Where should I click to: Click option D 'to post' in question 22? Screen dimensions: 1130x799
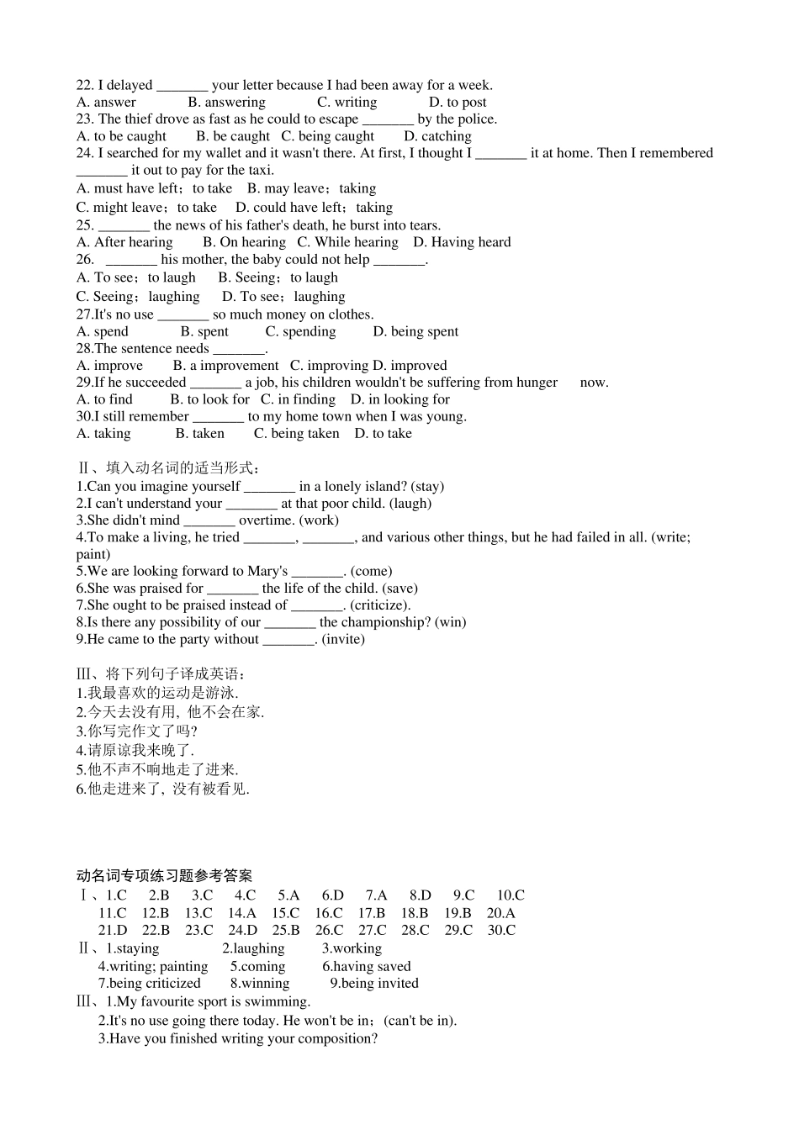tap(458, 103)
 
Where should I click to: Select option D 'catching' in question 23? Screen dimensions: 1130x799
tap(437, 136)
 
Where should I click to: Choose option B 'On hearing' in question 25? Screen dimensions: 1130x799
tap(244, 242)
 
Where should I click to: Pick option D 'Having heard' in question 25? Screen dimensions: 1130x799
tap(462, 242)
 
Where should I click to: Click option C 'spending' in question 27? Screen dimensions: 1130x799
tap(300, 331)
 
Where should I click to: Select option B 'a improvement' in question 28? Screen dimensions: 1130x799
tap(225, 366)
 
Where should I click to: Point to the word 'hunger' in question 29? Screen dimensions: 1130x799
tap(537, 383)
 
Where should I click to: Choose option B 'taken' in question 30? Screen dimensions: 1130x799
tap(199, 434)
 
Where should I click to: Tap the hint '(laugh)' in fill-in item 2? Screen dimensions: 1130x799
tap(410, 504)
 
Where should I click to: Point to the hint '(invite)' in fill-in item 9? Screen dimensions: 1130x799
tap(343, 639)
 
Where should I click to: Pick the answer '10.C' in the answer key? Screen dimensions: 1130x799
tap(510, 895)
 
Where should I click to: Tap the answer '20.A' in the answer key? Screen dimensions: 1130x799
tap(500, 913)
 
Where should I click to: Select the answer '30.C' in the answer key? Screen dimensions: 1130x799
tap(501, 930)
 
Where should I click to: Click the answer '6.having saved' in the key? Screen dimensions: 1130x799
tap(367, 967)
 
